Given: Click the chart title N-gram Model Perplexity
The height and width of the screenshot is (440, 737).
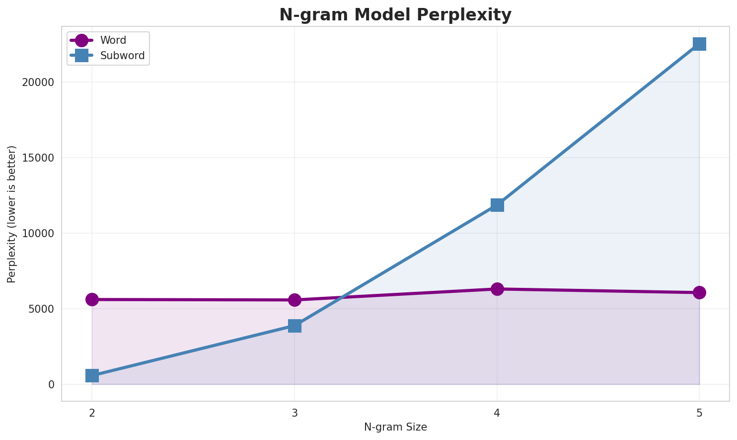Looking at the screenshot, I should (395, 15).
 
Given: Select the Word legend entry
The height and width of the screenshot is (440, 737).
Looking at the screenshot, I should (113, 40).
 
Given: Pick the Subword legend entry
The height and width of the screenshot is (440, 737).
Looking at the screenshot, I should (122, 56).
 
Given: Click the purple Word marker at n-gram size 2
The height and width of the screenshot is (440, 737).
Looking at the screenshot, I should (92, 299).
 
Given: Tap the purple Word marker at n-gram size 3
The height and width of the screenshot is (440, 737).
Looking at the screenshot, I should (295, 300).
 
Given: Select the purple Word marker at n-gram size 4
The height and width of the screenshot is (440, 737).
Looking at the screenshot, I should (497, 289).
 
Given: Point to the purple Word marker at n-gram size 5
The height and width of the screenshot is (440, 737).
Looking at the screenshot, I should (699, 292).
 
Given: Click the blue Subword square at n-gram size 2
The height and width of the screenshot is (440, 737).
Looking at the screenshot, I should (92, 375).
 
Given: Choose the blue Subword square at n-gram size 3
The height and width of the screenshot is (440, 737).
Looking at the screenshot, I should (295, 326).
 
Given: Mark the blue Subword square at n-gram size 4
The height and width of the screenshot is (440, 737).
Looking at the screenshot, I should (497, 205).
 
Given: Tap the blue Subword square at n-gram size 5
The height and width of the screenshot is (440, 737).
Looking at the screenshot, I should (699, 44).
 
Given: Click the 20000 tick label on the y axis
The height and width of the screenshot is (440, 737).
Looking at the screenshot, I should (38, 83).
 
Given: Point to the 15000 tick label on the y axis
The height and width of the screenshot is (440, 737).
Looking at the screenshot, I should (38, 158).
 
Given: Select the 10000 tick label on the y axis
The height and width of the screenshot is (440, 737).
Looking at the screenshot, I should (38, 234).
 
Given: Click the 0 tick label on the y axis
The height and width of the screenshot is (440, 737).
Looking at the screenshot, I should (51, 385).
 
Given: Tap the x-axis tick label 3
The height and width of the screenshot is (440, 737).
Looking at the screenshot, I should (295, 413).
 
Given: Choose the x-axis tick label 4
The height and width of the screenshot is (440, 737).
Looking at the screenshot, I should (497, 413).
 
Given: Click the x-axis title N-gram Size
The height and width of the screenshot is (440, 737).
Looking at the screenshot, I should (395, 427).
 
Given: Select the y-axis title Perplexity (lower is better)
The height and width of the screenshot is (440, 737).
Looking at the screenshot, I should (12, 214).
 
